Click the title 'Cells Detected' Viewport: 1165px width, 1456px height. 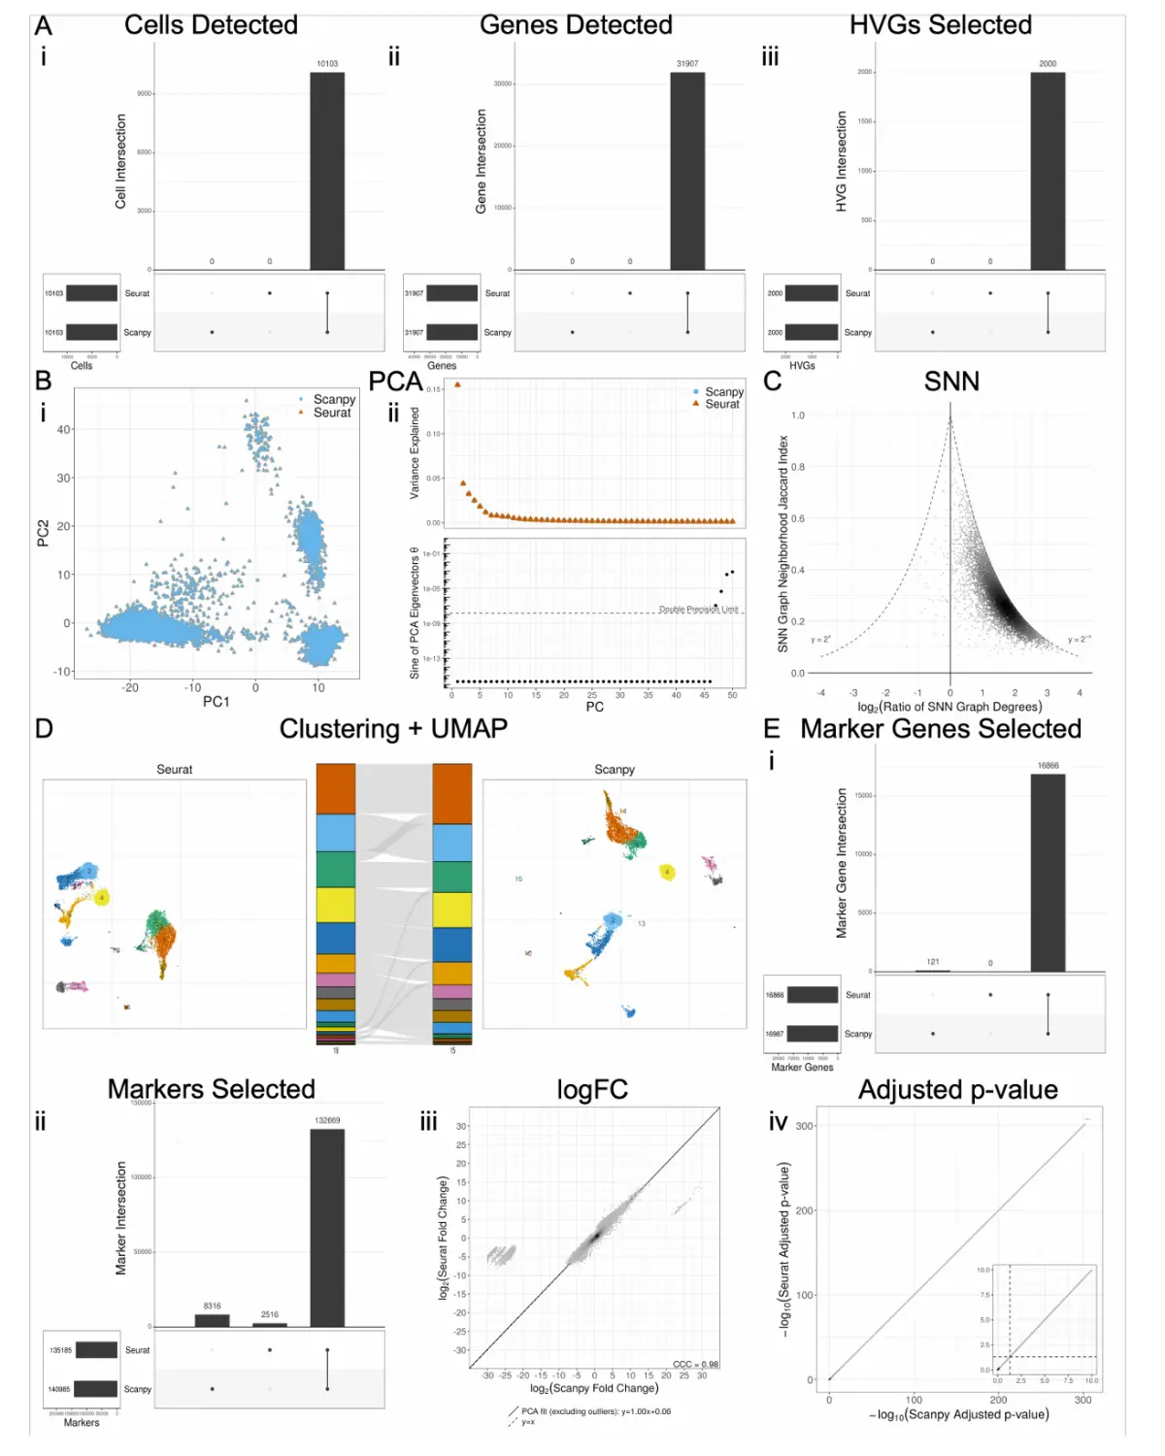pyautogui.click(x=211, y=25)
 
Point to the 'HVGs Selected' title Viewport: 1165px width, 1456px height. pyautogui.click(x=940, y=25)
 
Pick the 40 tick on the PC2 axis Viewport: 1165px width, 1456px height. pyautogui.click(x=64, y=429)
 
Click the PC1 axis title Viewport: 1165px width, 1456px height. pyautogui.click(x=216, y=702)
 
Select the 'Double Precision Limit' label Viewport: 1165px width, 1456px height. pyautogui.click(x=698, y=610)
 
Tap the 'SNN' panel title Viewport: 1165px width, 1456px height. pyautogui.click(x=951, y=381)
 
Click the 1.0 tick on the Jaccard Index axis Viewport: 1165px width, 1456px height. pyautogui.click(x=798, y=415)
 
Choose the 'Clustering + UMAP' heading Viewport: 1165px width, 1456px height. pyautogui.click(x=393, y=729)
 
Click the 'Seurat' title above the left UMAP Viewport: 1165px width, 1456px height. pyautogui.click(x=175, y=770)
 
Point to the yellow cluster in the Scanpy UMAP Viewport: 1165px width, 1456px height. pyautogui.click(x=667, y=872)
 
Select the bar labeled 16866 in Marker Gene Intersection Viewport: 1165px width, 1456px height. pyautogui.click(x=1048, y=874)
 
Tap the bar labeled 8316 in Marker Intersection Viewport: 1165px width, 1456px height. pyautogui.click(x=212, y=1320)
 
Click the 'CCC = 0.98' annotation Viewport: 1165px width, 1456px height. pyautogui.click(x=695, y=1364)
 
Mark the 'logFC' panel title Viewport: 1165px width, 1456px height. pyautogui.click(x=592, y=1090)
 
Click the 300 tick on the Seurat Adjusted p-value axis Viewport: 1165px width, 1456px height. pyautogui.click(x=805, y=1126)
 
